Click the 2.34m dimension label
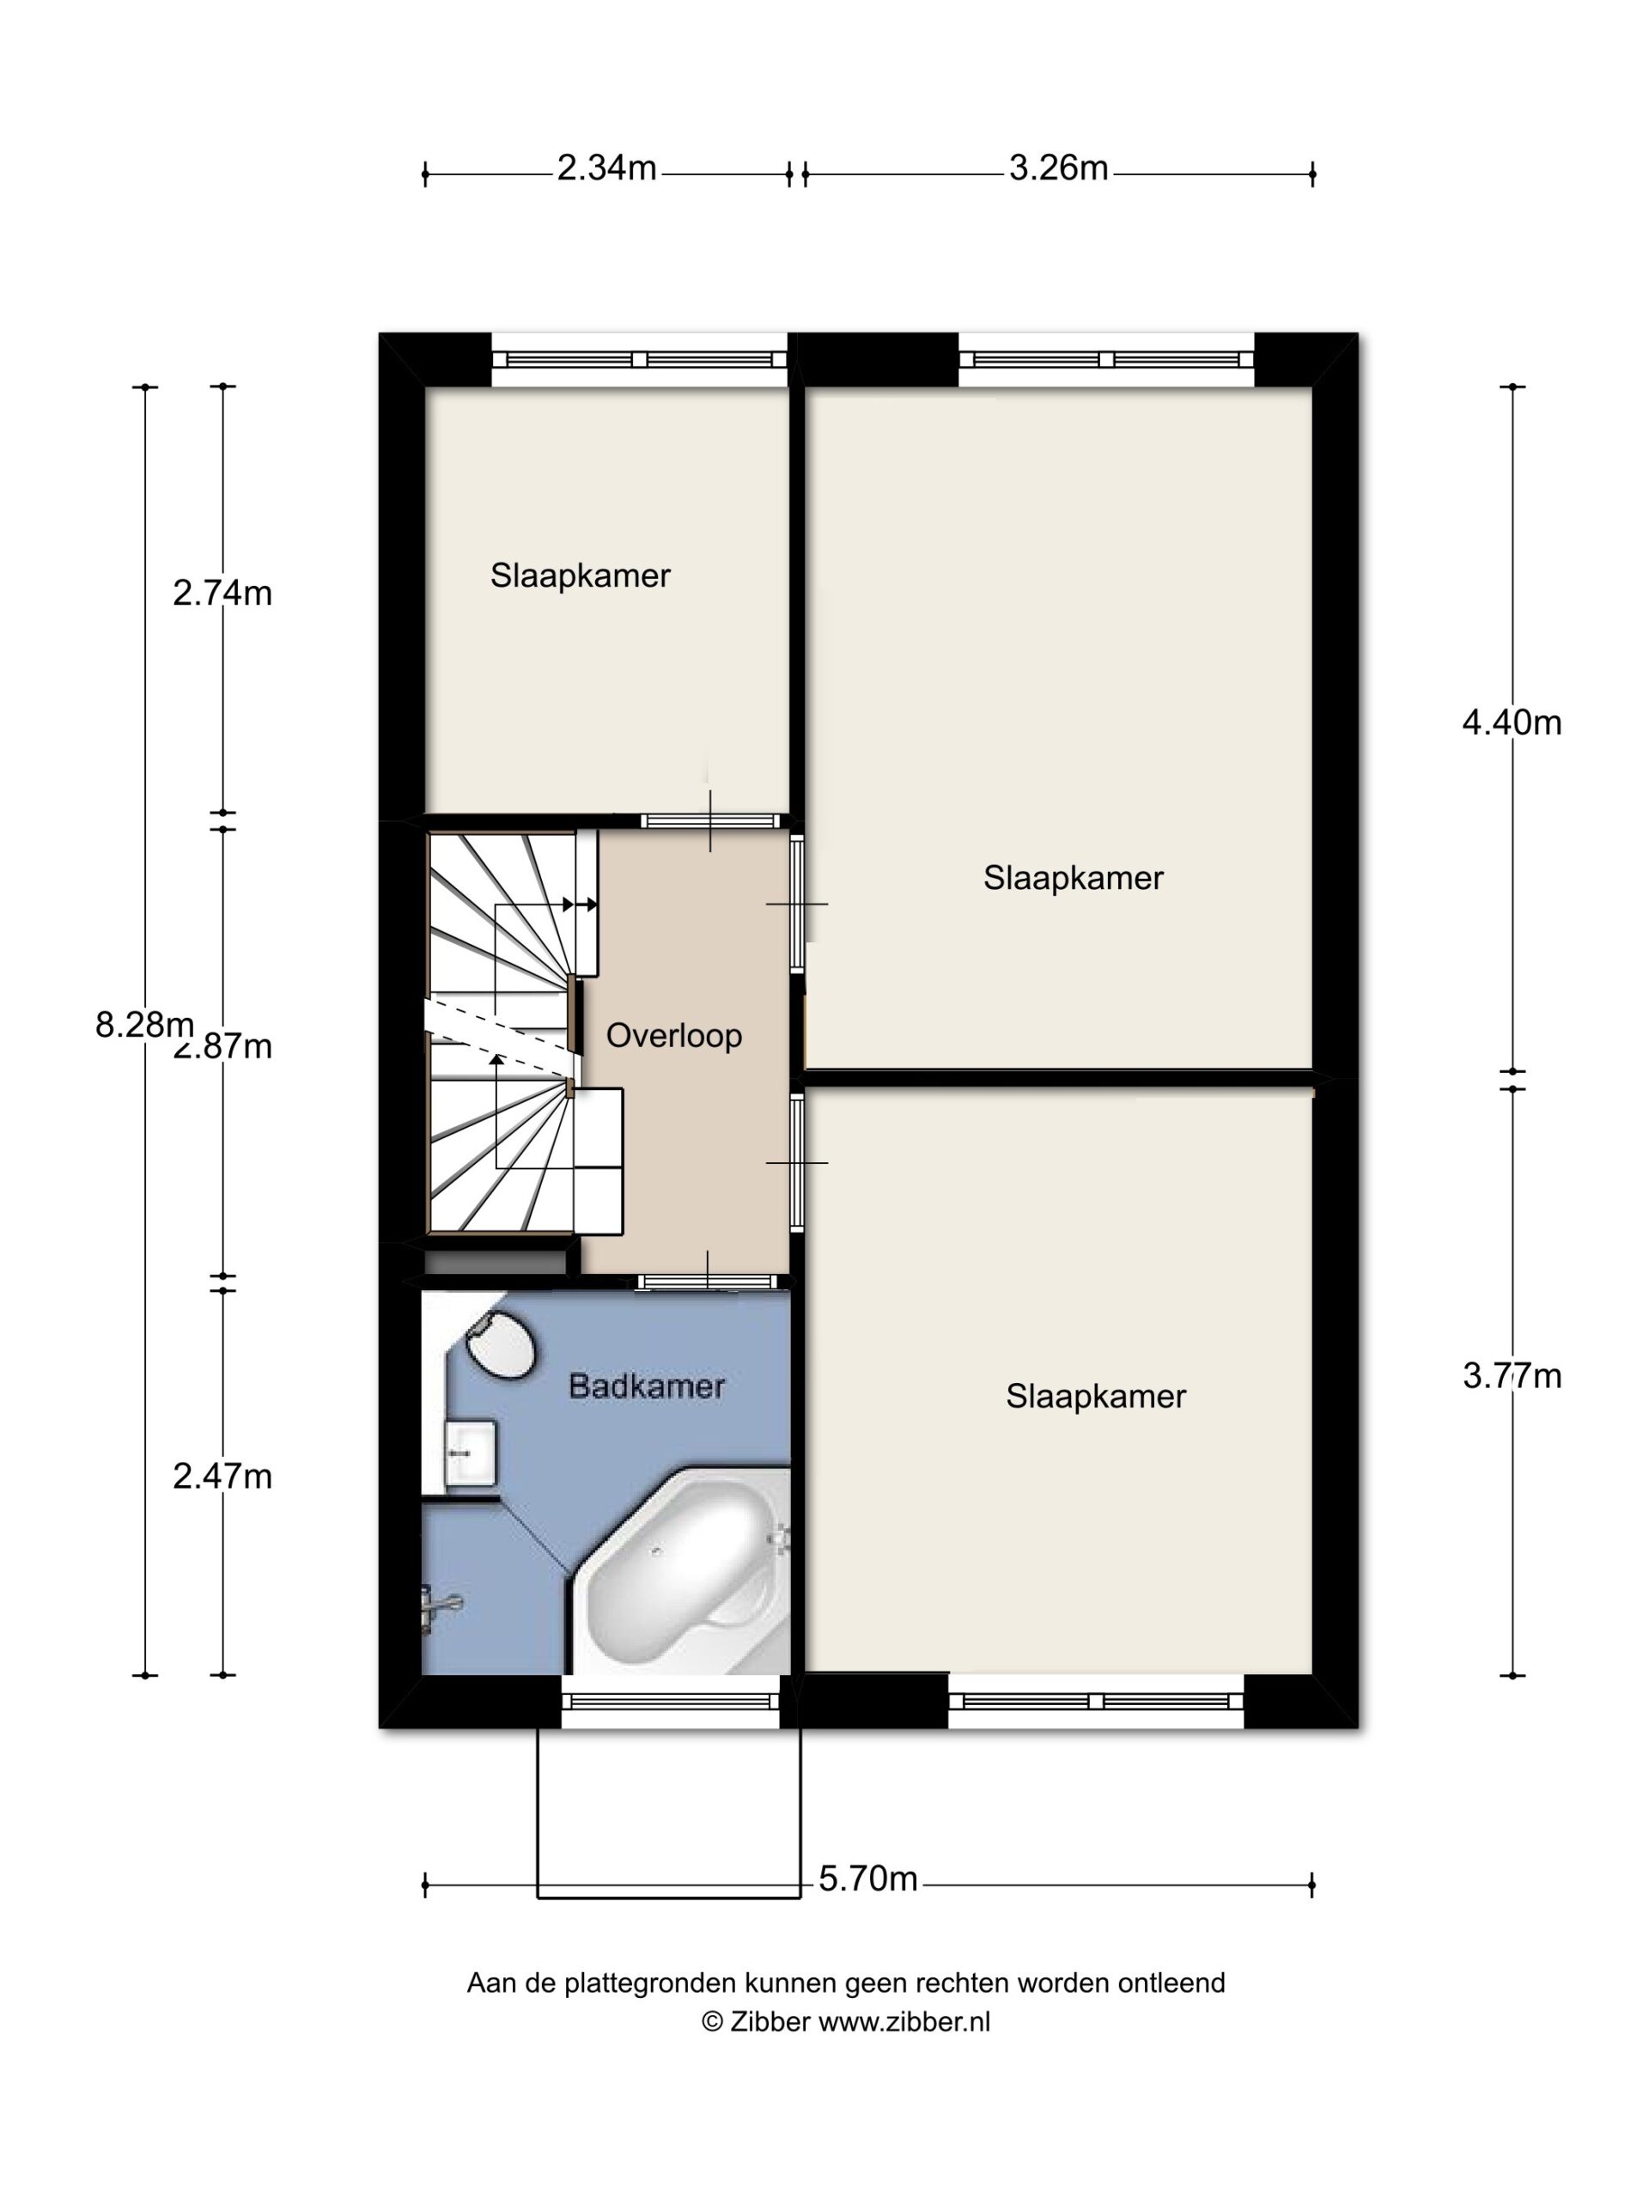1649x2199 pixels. click(x=606, y=168)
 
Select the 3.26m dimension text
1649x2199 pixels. click(x=1059, y=168)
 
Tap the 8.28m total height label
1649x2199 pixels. click(x=144, y=1024)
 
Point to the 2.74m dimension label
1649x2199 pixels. click(x=222, y=593)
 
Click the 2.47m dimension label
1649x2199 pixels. click(x=222, y=1477)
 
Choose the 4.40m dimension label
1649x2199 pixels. click(x=1512, y=722)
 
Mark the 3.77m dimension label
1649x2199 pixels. click(x=1512, y=1376)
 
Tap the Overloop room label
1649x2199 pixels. click(x=674, y=1036)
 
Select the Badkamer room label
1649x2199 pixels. click(x=646, y=1386)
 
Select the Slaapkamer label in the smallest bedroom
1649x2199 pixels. click(x=581, y=576)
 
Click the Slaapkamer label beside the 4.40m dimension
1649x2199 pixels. click(x=1074, y=878)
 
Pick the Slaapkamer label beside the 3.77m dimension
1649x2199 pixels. click(x=1097, y=1397)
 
